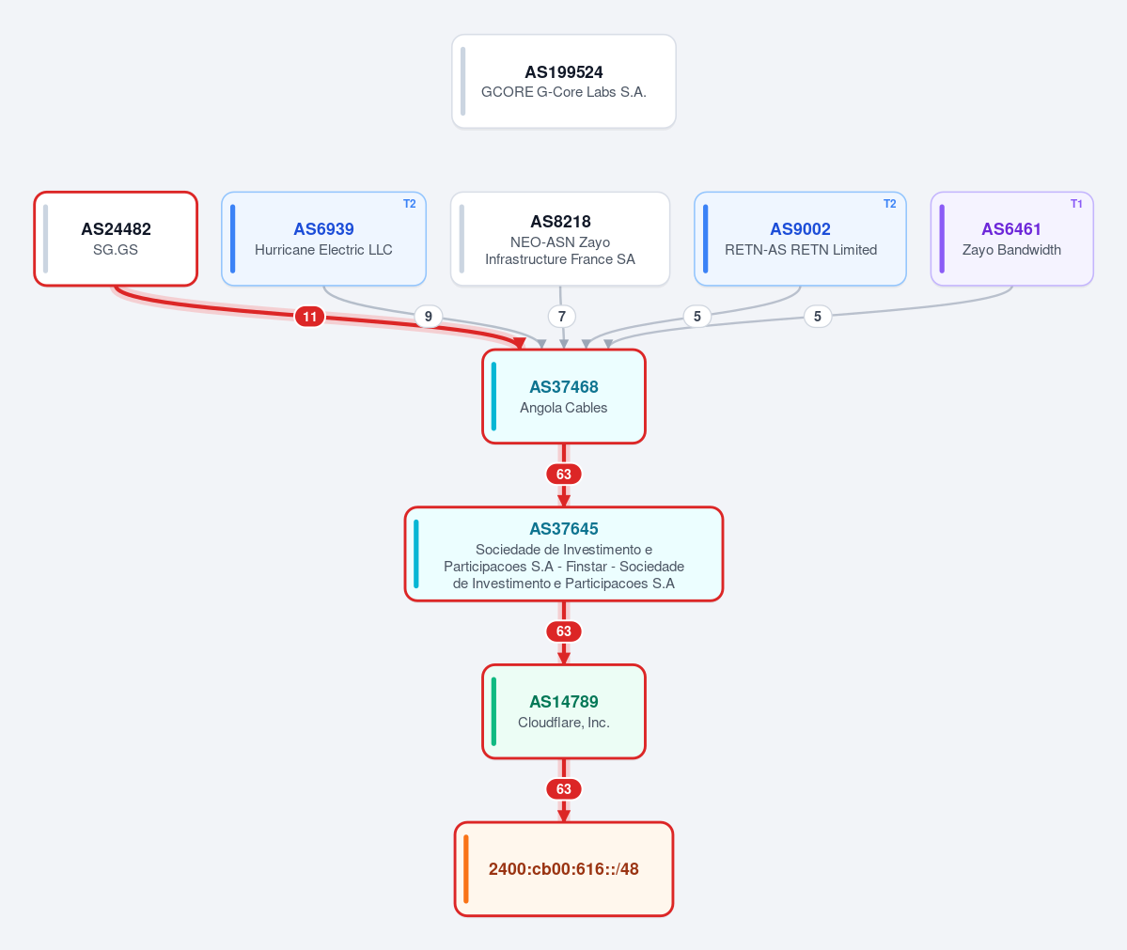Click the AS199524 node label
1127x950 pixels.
pos(564,71)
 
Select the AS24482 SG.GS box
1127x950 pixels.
pos(116,239)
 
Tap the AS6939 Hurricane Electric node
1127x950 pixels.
pos(323,239)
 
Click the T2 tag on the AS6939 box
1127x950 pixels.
pos(410,204)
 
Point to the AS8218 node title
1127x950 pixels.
pos(560,222)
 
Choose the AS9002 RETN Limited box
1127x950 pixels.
pos(800,239)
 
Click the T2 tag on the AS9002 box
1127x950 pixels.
pos(890,204)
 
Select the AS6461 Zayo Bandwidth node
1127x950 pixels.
pos(1012,239)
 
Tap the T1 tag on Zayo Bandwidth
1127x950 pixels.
pos(1076,204)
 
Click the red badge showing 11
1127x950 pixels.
pos(310,316)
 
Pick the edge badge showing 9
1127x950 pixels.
pos(429,316)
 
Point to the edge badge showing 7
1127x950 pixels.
pos(562,316)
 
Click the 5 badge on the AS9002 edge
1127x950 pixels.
pos(697,316)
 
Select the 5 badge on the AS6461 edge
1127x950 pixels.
pos(817,316)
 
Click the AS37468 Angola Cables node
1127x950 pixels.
pos(564,397)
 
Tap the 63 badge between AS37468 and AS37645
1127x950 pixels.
pos(564,475)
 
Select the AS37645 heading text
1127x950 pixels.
pos(564,529)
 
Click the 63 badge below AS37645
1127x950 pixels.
pos(564,631)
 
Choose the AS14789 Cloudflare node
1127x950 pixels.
pos(564,711)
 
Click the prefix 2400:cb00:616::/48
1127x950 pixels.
pos(564,869)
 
